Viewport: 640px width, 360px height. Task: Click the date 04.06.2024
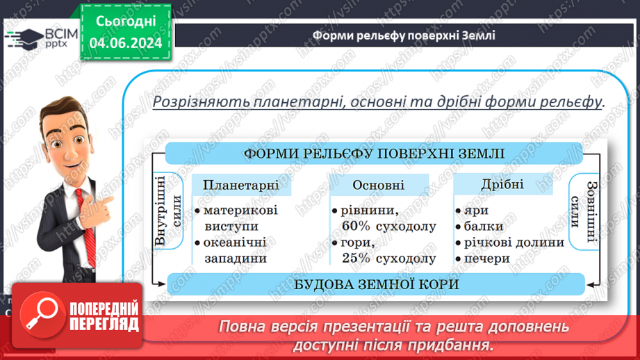pyautogui.click(x=126, y=43)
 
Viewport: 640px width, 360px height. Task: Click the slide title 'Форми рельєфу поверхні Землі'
pyautogui.click(x=404, y=35)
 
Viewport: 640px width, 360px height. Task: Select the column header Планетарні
pyautogui.click(x=241, y=185)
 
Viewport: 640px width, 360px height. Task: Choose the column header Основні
pyautogui.click(x=378, y=185)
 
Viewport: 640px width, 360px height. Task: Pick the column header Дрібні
pyautogui.click(x=502, y=185)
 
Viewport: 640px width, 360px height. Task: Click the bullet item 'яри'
pyautogui.click(x=478, y=210)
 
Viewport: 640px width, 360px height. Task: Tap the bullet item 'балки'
pyautogui.click(x=484, y=226)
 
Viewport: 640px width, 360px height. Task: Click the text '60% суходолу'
pyautogui.click(x=389, y=226)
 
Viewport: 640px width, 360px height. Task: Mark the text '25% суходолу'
pyautogui.click(x=389, y=258)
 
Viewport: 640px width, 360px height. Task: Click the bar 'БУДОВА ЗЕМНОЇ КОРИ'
pyautogui.click(x=376, y=284)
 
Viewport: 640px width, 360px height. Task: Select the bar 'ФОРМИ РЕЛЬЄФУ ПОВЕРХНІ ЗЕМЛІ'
pyautogui.click(x=375, y=154)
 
